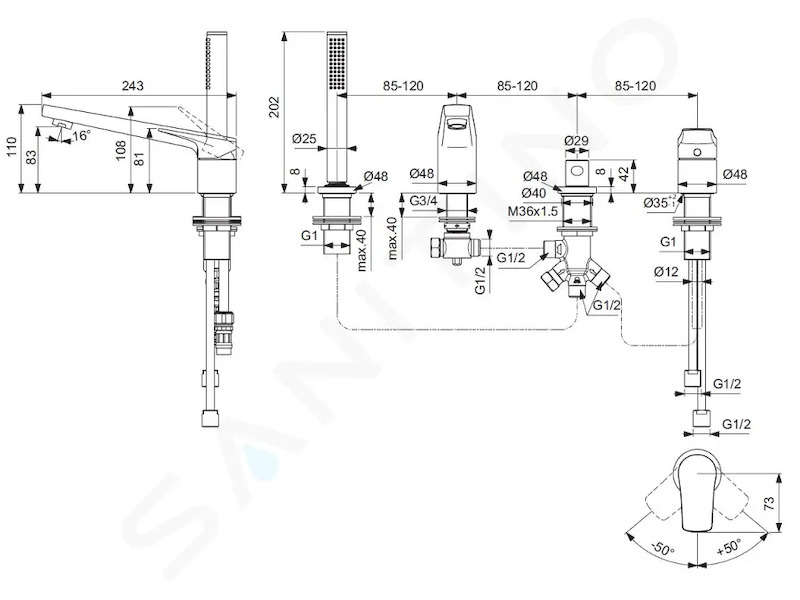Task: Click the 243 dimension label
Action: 133,86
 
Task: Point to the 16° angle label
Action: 81,136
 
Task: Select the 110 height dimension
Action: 12,148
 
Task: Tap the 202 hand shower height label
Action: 275,107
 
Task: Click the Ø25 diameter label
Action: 305,138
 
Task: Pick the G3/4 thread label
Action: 423,201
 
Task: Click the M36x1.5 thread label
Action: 533,211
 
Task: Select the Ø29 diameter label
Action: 577,140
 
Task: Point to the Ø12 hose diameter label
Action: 666,271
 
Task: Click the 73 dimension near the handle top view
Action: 769,503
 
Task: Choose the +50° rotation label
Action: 729,546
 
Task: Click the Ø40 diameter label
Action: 534,193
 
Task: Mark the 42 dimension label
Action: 622,173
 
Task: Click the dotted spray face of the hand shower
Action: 337,64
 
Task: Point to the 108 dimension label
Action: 120,151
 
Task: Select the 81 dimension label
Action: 139,156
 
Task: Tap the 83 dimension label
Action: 31,157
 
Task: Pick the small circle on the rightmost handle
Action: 696,153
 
